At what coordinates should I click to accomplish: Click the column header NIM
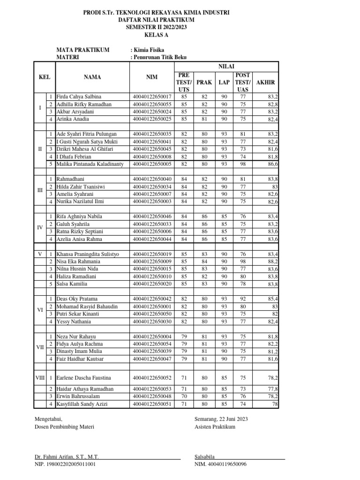[152, 78]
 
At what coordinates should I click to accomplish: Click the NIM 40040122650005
[152, 164]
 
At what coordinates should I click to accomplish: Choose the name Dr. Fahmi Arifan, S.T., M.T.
[67, 456]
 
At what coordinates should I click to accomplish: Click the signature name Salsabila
[204, 456]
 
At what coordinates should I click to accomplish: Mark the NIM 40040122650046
[152, 217]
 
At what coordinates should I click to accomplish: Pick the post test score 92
[243, 299]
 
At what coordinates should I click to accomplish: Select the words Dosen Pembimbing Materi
[65, 427]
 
